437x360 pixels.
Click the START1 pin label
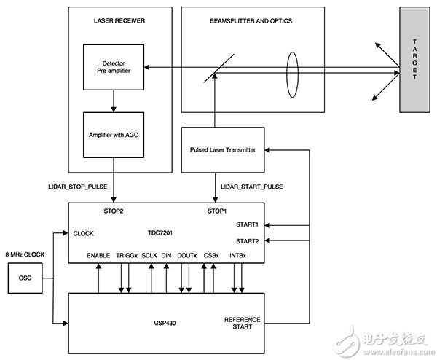[x=248, y=224]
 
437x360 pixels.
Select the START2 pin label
[x=248, y=240]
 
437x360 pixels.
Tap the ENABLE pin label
[x=98, y=255]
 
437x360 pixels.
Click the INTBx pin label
[x=237, y=255]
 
